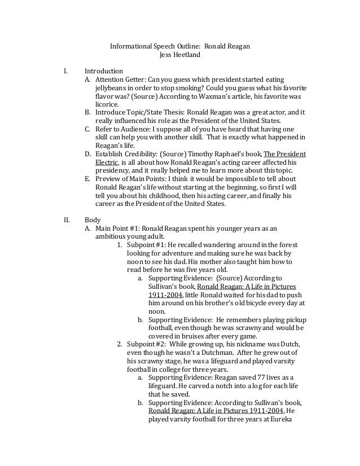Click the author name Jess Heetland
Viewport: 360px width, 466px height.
[x=179, y=55]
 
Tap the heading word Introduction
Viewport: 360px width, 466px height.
[x=103, y=72]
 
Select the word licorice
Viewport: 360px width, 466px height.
[x=107, y=104]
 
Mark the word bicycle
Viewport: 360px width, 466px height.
[x=252, y=302]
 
